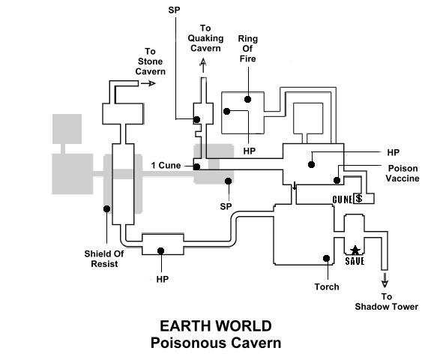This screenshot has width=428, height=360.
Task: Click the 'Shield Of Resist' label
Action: coord(104,258)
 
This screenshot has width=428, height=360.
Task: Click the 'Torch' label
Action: coord(327,286)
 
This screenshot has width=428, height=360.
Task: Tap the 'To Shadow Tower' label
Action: coord(387,302)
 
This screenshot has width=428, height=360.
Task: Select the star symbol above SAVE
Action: coord(354,250)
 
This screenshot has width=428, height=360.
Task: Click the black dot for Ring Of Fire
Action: coord(247,99)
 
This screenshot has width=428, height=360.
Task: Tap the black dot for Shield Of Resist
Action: coord(107,209)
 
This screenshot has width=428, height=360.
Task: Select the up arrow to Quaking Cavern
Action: coord(201,65)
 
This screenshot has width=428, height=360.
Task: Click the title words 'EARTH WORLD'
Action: coord(215,326)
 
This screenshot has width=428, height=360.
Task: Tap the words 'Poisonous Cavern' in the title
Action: coord(215,343)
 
